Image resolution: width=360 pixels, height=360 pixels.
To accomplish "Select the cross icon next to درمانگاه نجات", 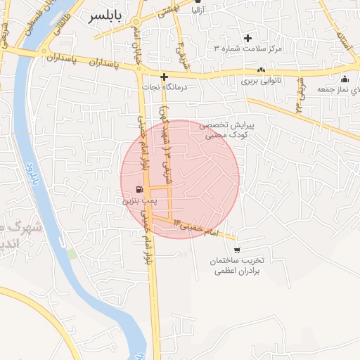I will (x=164, y=77).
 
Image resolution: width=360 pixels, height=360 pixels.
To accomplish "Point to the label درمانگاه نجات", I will (x=163, y=87).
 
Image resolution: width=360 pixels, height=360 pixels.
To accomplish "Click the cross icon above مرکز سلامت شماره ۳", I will (x=247, y=38).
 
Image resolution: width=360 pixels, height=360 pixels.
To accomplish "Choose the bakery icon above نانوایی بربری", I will (x=262, y=70).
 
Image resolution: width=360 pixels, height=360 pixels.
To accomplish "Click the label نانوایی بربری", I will (x=262, y=81).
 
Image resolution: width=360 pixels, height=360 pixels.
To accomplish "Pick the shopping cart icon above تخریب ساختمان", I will (x=236, y=250).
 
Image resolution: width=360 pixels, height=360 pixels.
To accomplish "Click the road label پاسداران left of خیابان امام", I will (x=105, y=63).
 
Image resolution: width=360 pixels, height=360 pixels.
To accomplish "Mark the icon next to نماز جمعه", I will (x=345, y=78).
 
